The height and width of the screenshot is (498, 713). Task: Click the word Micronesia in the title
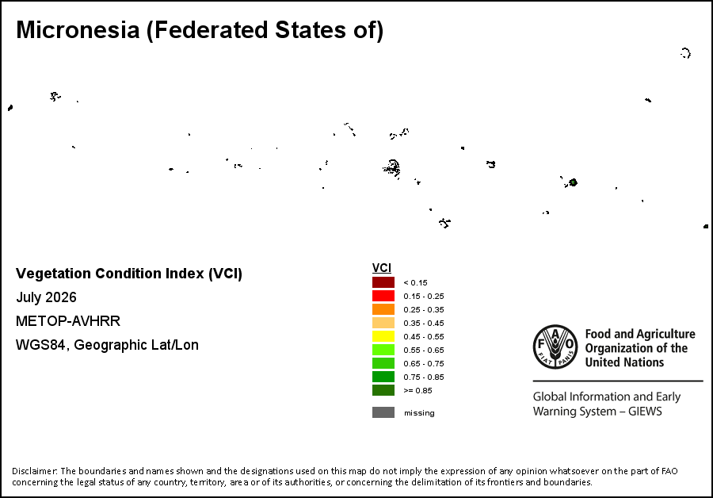click(x=78, y=30)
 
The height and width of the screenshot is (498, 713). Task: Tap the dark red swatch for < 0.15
click(x=383, y=282)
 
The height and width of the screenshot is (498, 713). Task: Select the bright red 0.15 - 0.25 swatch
click(x=383, y=296)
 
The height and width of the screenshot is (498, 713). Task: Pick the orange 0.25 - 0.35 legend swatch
click(x=383, y=309)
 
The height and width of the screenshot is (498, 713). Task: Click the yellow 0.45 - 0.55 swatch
click(x=383, y=336)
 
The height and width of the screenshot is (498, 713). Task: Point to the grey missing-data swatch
click(x=383, y=412)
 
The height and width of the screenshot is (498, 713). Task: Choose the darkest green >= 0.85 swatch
click(x=383, y=390)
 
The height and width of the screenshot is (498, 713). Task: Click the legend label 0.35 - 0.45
click(x=424, y=324)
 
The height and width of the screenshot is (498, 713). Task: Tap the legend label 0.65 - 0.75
click(x=424, y=364)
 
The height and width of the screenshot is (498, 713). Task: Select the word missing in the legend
click(x=419, y=413)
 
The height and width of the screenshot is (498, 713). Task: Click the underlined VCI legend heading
click(x=382, y=268)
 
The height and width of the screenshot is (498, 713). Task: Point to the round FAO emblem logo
click(x=555, y=347)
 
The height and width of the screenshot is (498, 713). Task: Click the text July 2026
click(x=47, y=297)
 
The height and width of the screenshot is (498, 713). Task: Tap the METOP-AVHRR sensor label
click(x=68, y=321)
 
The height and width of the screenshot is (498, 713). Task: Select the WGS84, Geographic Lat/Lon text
click(x=107, y=345)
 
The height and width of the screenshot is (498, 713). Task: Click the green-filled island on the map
click(x=574, y=182)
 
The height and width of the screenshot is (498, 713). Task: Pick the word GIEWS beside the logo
click(x=645, y=412)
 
